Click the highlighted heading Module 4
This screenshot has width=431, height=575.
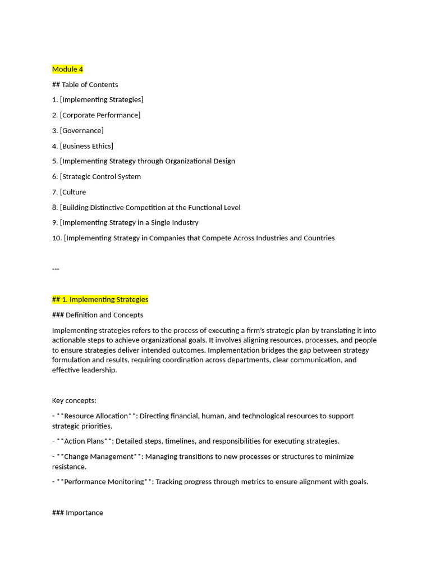(67, 69)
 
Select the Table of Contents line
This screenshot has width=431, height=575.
(85, 85)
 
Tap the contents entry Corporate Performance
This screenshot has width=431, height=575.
(100, 115)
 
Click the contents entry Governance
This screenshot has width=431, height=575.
(81, 131)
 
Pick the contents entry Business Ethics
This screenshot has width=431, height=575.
(86, 146)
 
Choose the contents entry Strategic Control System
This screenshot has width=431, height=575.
(100, 177)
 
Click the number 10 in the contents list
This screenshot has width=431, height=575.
(56, 238)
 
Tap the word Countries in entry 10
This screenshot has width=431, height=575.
(318, 238)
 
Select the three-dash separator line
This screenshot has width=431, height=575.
(56, 269)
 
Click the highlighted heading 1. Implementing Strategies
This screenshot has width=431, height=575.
(100, 299)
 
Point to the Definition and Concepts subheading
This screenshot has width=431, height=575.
(98, 315)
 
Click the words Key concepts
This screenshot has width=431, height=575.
(74, 400)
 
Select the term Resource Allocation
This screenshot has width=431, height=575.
(96, 416)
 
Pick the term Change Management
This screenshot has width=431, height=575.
(99, 457)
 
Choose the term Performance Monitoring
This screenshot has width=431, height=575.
(104, 482)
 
